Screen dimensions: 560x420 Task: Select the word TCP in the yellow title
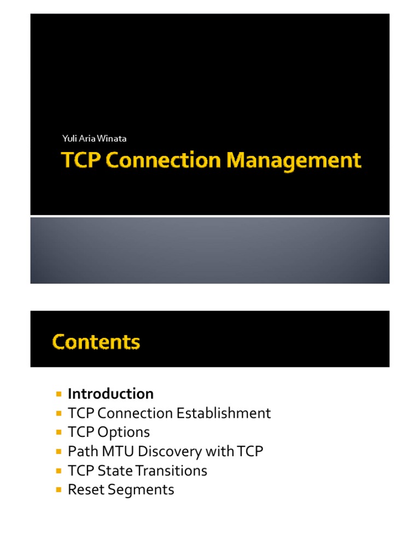pos(81,161)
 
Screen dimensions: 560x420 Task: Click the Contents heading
pos(96,342)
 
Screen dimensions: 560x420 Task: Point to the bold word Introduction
pos(110,394)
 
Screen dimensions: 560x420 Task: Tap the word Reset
pos(84,489)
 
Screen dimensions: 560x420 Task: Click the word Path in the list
pos(80,451)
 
